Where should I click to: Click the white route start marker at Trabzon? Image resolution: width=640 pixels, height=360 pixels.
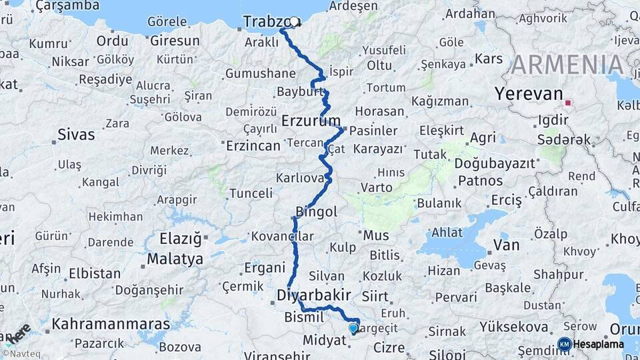tap(294, 21)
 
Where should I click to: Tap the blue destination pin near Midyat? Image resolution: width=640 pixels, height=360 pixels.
tap(353, 327)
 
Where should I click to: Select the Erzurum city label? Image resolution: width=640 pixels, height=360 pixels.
tap(311, 121)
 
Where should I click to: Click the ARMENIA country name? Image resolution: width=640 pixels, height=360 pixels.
tap(567, 65)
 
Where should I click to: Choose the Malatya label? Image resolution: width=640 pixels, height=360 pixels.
tap(175, 259)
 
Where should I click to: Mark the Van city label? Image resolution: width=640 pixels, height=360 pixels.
tap(506, 245)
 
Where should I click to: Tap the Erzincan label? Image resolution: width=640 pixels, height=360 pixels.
tap(253, 145)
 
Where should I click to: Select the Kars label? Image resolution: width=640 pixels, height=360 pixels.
tap(489, 59)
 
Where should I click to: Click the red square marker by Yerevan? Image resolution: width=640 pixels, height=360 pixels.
tap(568, 103)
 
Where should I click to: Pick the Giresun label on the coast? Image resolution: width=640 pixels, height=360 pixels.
tap(175, 41)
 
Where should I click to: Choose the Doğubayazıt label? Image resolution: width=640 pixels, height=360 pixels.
tap(495, 163)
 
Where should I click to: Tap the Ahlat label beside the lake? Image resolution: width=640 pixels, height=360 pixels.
tap(447, 233)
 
